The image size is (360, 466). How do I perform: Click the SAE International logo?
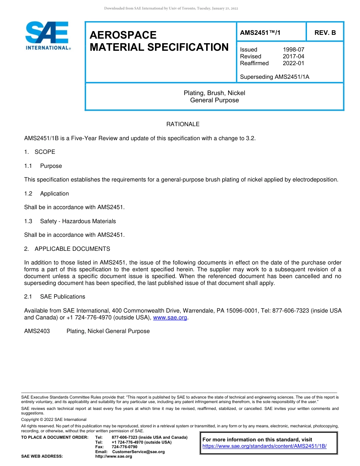[x=47, y=35]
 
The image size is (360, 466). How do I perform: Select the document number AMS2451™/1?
[x=260, y=33]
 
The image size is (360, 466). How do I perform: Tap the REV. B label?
[x=325, y=33]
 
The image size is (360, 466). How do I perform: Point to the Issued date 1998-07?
[x=293, y=50]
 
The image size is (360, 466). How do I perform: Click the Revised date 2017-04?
[x=293, y=56]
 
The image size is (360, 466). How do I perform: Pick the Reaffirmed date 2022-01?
[x=293, y=63]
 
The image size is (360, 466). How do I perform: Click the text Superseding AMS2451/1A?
[x=274, y=77]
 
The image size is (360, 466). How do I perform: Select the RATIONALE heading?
[x=183, y=124]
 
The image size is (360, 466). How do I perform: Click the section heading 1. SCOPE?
[x=39, y=152]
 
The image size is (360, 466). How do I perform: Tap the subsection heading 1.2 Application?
[x=47, y=194]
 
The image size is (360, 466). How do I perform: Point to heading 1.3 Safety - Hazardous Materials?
[x=70, y=221]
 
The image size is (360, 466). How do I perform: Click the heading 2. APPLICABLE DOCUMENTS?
[x=67, y=249]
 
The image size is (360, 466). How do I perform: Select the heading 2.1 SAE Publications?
[x=55, y=297]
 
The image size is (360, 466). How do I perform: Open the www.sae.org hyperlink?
[x=170, y=318]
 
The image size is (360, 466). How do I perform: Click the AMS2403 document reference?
[x=37, y=331]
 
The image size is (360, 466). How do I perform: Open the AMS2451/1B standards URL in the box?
[x=264, y=446]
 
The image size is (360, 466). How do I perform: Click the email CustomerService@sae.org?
[x=138, y=452]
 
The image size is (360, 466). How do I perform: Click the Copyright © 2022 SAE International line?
[x=54, y=419]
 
